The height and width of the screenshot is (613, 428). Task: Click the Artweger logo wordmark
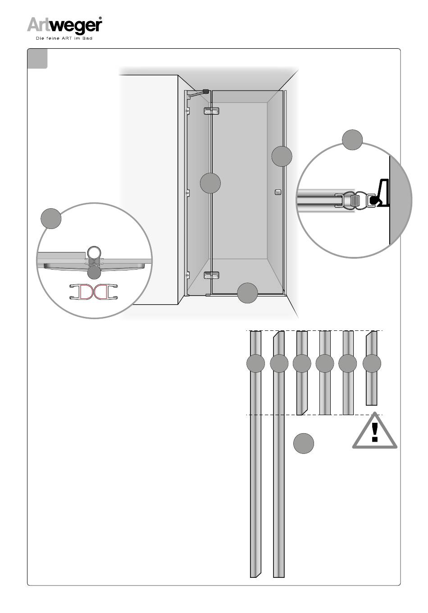(64, 25)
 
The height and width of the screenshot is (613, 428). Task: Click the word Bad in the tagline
(87, 38)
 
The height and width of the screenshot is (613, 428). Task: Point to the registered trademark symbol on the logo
(100, 18)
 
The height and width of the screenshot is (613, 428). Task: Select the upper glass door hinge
(211, 110)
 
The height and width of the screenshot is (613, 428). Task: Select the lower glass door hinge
(211, 275)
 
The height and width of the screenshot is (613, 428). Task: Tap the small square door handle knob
(278, 192)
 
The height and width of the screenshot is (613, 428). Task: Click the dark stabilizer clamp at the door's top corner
(205, 91)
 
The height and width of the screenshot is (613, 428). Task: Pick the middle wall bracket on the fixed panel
(187, 193)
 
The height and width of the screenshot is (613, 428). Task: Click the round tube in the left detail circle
(94, 252)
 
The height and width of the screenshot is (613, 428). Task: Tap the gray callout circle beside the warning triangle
(304, 444)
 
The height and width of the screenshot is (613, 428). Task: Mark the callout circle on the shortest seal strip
(372, 363)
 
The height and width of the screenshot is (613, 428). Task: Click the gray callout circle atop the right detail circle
(352, 140)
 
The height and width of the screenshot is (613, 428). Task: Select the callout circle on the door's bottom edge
(247, 293)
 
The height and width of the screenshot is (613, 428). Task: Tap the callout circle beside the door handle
(282, 156)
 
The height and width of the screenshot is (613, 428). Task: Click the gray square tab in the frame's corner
(37, 58)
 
